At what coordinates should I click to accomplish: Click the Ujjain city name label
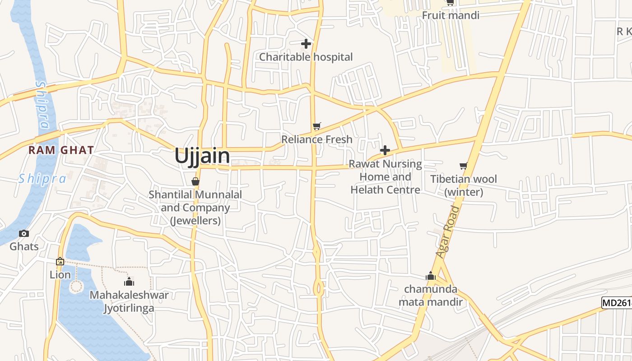tap(202, 156)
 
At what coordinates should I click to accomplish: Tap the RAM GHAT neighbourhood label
tap(61, 150)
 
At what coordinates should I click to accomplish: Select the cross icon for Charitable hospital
tap(306, 44)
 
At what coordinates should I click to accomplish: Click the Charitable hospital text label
tap(306, 57)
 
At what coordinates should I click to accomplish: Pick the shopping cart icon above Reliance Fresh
tap(317, 126)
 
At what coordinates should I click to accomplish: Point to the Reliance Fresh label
tap(317, 139)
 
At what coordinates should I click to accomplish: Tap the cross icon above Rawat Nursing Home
tap(385, 150)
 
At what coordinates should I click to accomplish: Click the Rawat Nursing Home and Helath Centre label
tap(386, 177)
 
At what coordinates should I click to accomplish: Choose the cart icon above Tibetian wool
tap(463, 166)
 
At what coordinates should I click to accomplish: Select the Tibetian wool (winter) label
tap(464, 185)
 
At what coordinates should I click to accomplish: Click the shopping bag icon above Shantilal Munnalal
tap(195, 181)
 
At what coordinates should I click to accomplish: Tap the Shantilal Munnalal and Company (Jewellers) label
tap(195, 208)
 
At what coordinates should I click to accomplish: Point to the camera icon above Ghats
tap(24, 233)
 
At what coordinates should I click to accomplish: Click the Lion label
tap(60, 275)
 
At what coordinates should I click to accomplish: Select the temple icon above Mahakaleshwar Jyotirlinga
tap(129, 282)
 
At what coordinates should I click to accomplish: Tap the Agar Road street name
tap(448, 232)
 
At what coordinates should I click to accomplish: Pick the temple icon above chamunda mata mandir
tap(431, 276)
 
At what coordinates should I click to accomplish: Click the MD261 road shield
tap(617, 303)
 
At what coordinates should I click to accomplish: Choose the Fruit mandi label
tap(451, 15)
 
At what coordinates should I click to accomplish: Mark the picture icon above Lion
tap(60, 261)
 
